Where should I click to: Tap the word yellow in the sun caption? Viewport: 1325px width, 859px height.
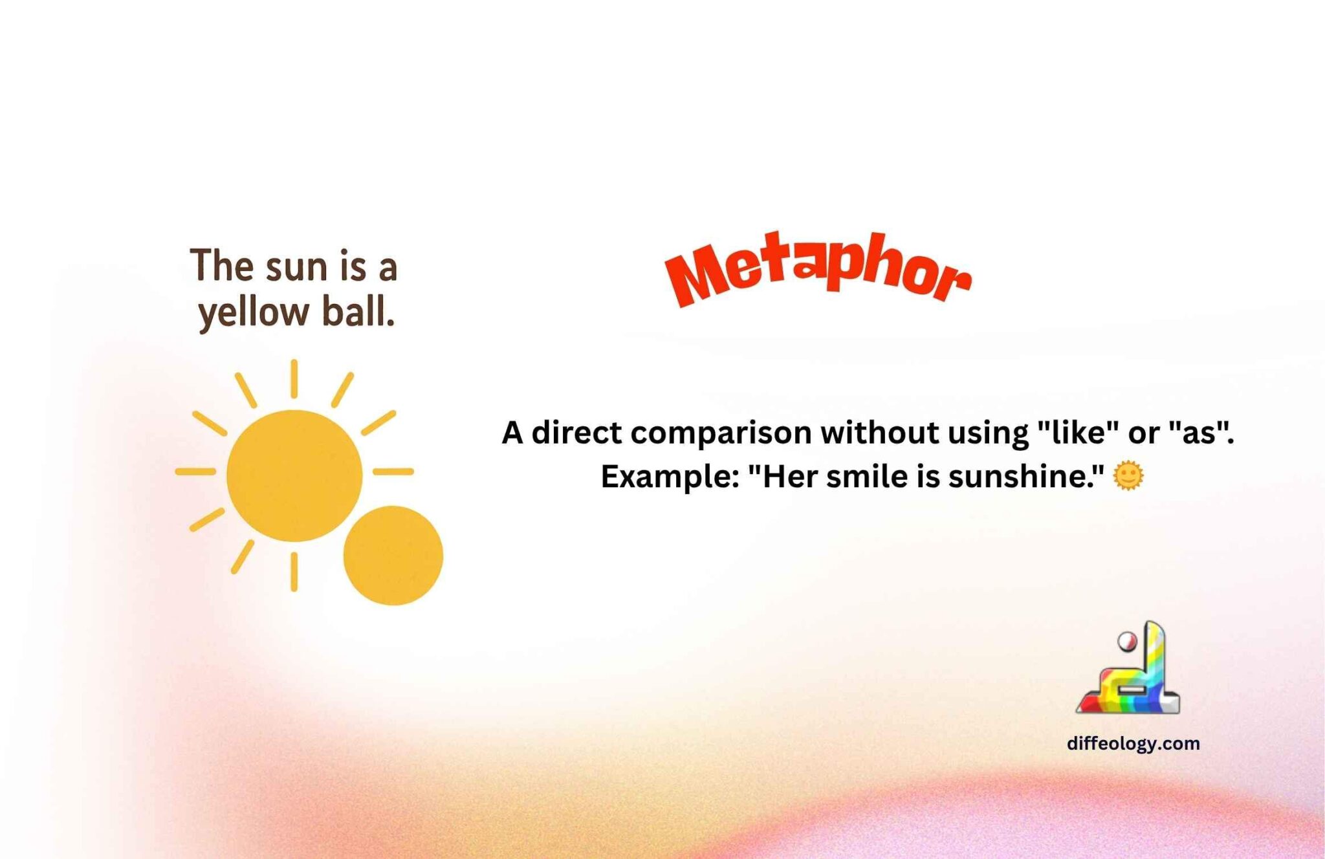(254, 313)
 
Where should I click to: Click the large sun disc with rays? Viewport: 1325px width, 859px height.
(294, 475)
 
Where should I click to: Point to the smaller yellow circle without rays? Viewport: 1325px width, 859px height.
(393, 556)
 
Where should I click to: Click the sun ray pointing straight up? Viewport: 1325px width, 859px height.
(294, 378)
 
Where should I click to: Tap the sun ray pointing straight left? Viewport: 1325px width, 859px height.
(195, 472)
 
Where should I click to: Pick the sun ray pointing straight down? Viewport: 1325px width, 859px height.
(294, 572)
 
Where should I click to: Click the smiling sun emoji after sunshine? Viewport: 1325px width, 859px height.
(1128, 477)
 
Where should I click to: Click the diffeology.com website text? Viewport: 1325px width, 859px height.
(1133, 743)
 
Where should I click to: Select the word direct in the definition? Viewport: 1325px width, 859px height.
(576, 433)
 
